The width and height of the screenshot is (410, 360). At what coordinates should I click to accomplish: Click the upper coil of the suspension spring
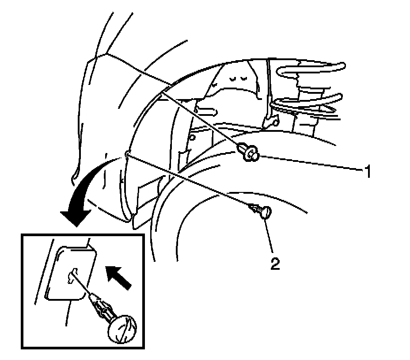click(309, 69)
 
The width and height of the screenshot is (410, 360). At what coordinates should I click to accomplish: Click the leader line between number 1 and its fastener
click(309, 162)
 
